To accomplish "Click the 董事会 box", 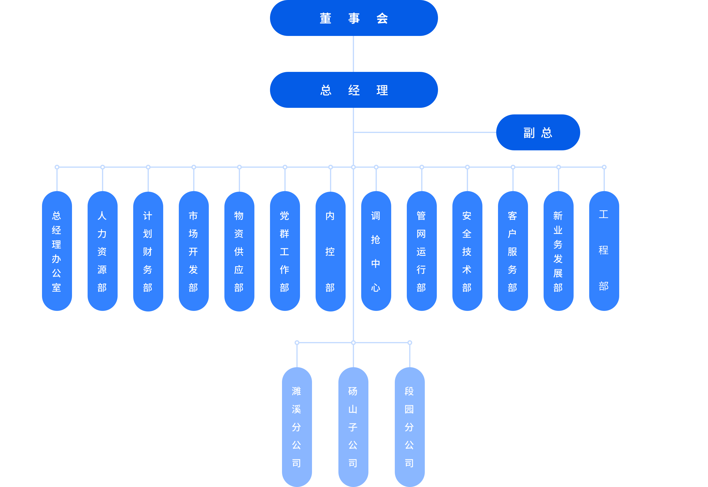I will (353, 18).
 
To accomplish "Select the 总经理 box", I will (353, 90).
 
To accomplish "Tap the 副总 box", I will (538, 132).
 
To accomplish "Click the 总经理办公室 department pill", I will (57, 251).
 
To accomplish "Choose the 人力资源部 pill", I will (102, 251).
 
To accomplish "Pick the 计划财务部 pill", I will (148, 251).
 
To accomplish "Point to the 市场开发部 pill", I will (193, 251).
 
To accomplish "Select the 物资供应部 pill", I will (239, 251).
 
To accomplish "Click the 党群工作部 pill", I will (285, 251).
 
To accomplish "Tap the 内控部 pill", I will (330, 251).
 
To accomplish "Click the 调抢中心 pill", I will (376, 251).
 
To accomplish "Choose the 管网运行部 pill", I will (421, 251).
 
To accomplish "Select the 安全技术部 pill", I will (467, 251).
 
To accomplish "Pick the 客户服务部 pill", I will (513, 251).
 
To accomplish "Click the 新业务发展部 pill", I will (558, 251).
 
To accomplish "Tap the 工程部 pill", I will (604, 251).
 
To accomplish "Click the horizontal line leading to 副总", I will (425, 132).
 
